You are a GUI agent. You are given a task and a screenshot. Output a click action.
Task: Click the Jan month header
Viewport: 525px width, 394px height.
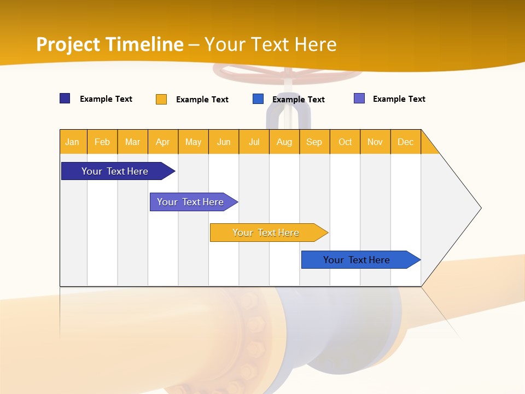pyautogui.click(x=72, y=142)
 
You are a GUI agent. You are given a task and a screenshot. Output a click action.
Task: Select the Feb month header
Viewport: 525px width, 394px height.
pyautogui.click(x=102, y=142)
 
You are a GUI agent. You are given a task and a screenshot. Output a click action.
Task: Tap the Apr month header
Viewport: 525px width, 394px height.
pyautogui.click(x=162, y=142)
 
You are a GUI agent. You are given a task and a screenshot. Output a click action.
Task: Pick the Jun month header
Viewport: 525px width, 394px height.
pyautogui.click(x=224, y=142)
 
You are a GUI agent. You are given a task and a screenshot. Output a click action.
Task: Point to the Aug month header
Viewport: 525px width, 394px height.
pyautogui.click(x=284, y=142)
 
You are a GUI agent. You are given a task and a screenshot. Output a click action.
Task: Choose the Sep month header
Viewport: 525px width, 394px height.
pyautogui.click(x=314, y=142)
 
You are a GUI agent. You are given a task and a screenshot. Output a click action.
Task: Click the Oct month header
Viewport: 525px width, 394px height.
pyautogui.click(x=345, y=142)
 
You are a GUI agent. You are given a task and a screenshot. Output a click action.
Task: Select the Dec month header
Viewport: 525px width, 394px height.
pyautogui.click(x=405, y=142)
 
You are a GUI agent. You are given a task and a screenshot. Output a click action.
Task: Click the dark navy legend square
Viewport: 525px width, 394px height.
pyautogui.click(x=65, y=99)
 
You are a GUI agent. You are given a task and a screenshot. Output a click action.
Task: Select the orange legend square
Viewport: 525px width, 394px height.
pyautogui.click(x=161, y=99)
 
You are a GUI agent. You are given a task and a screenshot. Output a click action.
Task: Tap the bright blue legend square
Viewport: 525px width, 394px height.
pyautogui.click(x=258, y=99)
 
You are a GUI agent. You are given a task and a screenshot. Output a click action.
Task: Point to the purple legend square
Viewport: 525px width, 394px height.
pyautogui.click(x=359, y=99)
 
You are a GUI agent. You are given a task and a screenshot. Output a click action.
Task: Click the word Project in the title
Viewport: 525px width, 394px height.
pyautogui.click(x=68, y=44)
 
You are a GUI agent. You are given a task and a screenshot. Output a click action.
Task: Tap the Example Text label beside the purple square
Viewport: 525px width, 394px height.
pyautogui.click(x=399, y=99)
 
